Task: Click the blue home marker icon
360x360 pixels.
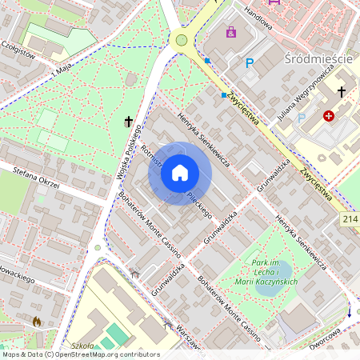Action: coord(180,173)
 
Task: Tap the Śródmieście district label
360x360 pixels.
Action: coord(318,60)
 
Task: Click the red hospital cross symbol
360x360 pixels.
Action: coord(329,116)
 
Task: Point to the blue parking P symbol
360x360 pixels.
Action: coord(250,62)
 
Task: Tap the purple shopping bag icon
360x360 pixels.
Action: coord(231,32)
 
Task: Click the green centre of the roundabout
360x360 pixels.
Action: coord(182,40)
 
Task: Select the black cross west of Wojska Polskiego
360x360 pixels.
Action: coord(128,122)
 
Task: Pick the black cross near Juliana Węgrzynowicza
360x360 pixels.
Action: coord(341,91)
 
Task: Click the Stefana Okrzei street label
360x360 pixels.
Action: coord(38,177)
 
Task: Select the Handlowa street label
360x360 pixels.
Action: coord(258,16)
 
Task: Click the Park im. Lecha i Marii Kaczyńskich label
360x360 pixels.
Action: coord(268,272)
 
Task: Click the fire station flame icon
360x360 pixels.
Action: coord(36,322)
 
